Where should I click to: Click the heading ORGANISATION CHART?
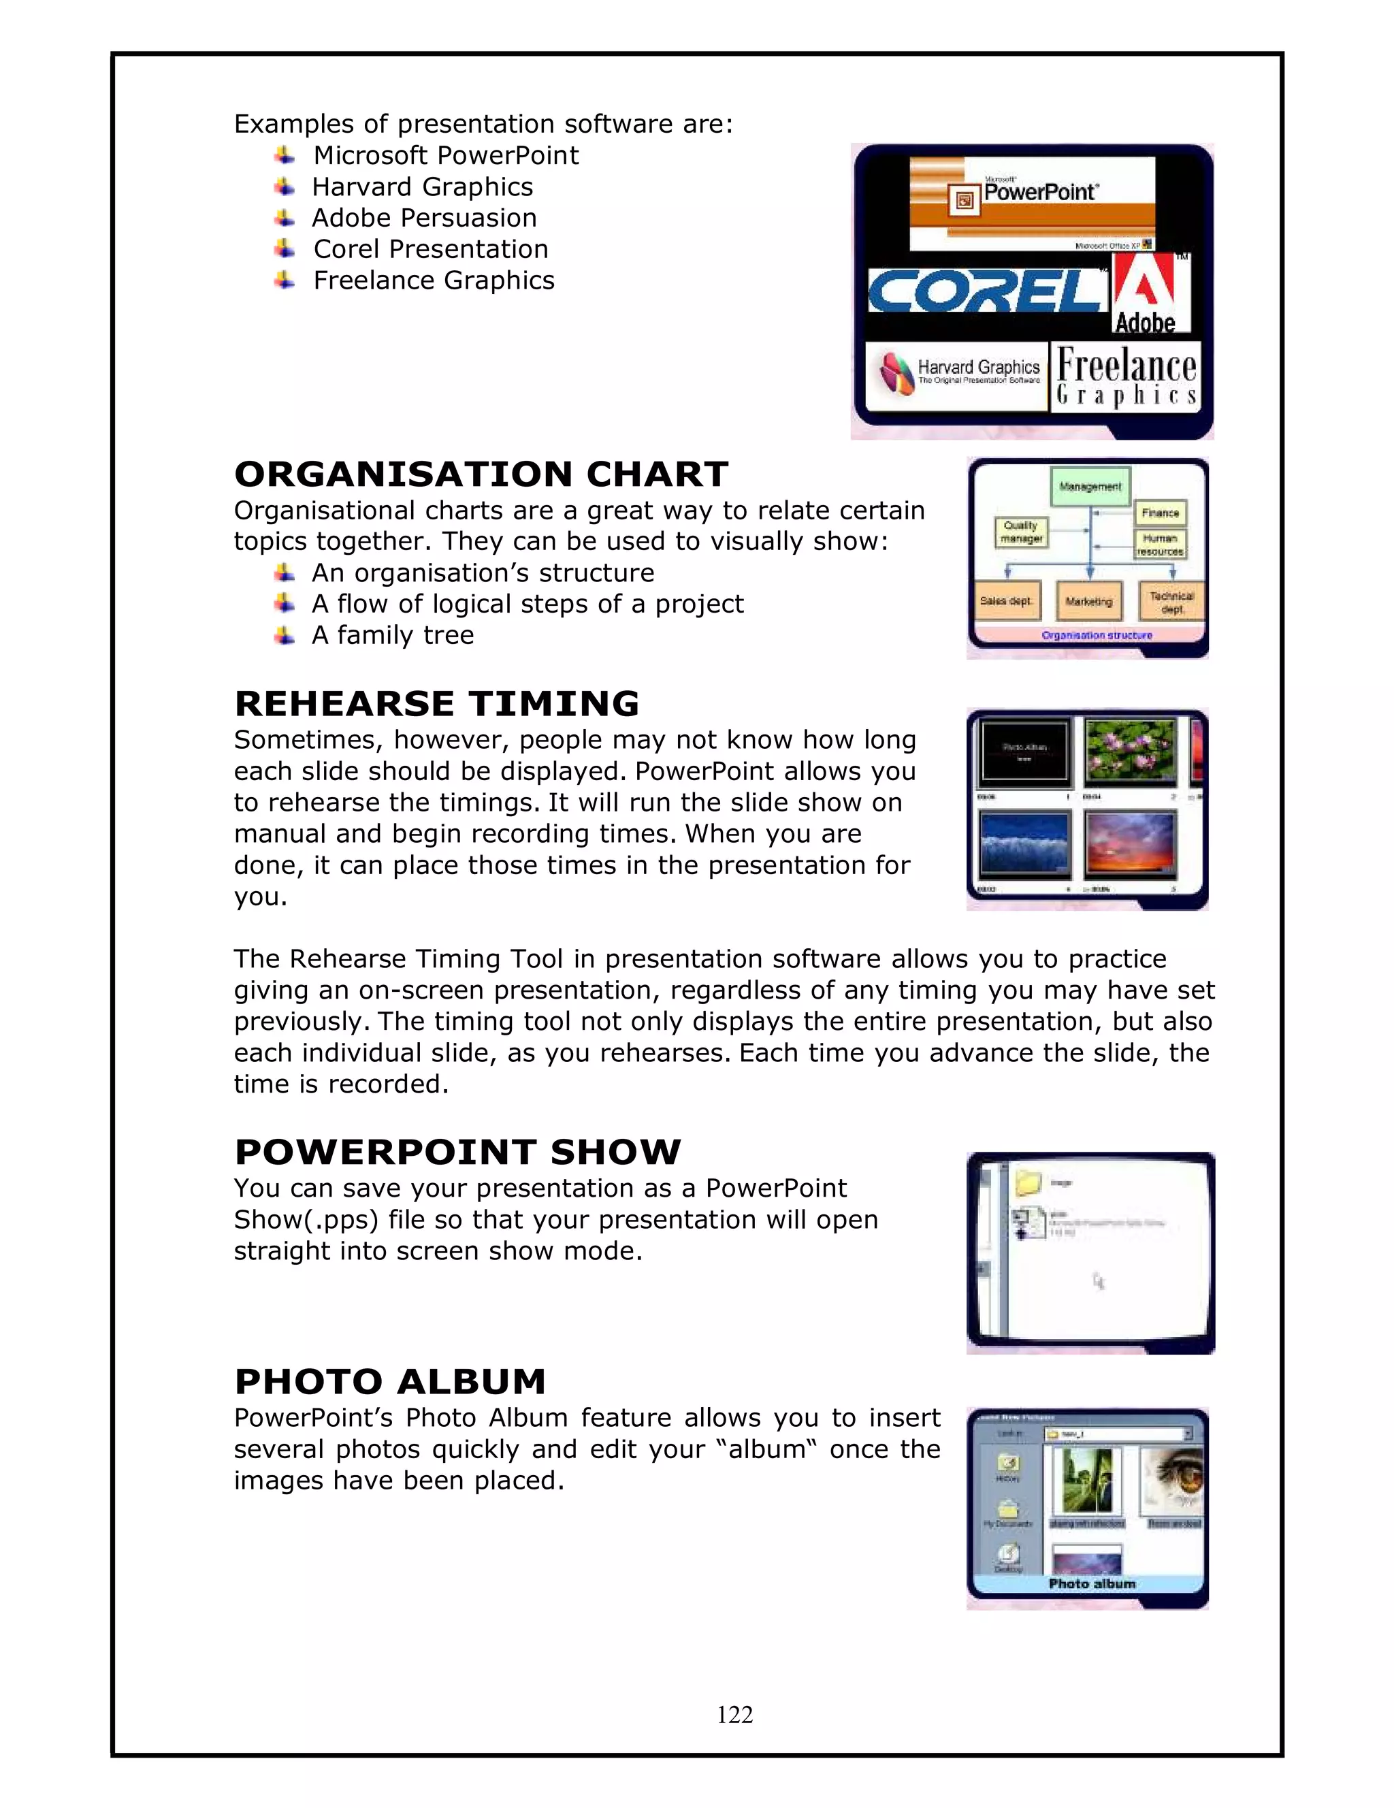tap(481, 474)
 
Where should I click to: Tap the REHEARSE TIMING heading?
tap(436, 704)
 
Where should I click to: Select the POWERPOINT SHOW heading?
tap(457, 1152)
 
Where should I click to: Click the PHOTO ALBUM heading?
tap(390, 1382)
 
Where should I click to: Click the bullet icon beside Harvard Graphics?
tap(284, 187)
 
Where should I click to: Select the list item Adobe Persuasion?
tap(424, 218)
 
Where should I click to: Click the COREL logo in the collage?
tap(985, 291)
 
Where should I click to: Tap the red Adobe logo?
tap(1150, 293)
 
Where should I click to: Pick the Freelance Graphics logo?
tap(1126, 376)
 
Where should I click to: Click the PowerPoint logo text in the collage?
tap(1039, 192)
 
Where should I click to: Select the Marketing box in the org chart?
tap(1088, 602)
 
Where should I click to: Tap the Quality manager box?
tap(1021, 532)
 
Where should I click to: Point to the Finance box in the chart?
tap(1160, 513)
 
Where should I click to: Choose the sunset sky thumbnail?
tap(1130, 843)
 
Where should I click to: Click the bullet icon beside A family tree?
tap(284, 635)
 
